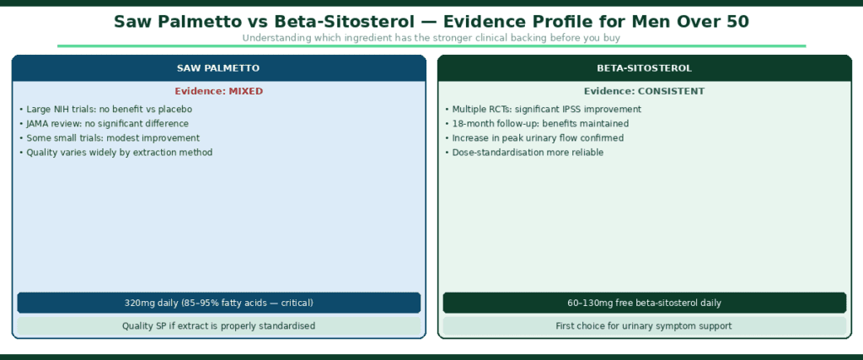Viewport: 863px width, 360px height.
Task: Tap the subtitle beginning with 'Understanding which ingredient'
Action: [x=431, y=38]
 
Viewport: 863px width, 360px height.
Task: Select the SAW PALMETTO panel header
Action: [x=218, y=67]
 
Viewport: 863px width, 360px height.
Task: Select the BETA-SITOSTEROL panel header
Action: [x=645, y=67]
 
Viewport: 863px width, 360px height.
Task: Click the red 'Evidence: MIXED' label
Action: [x=218, y=91]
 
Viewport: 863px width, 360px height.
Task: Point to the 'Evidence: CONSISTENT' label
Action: [x=645, y=91]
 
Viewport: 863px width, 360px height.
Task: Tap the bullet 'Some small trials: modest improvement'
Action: [x=109, y=138]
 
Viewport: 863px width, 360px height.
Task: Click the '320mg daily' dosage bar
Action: [x=218, y=303]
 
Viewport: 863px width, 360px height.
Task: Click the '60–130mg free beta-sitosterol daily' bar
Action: [x=645, y=303]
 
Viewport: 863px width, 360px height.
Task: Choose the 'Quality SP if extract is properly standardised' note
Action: [x=218, y=325]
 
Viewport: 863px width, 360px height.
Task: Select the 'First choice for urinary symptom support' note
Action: [x=645, y=325]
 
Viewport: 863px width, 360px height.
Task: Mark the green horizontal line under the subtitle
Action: [x=431, y=46]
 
